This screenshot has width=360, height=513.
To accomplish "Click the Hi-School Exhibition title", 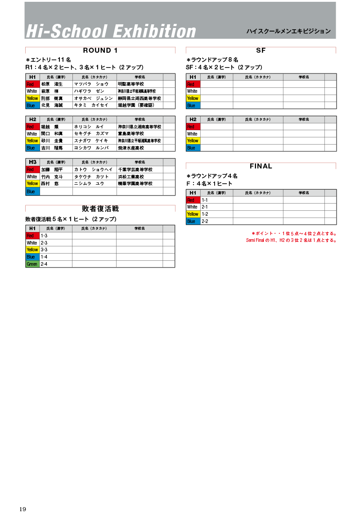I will coord(111,31).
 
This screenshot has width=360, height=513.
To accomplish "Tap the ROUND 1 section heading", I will coord(100,50).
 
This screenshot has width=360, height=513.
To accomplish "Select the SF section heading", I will coord(261,50).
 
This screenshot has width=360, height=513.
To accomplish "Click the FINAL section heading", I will coord(261,166).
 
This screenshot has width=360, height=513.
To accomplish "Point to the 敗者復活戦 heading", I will coord(100,209).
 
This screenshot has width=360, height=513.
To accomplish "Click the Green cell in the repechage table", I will coord(32,264).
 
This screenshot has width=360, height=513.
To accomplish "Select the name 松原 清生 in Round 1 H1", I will coord(52,84).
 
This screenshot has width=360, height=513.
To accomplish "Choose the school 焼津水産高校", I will coord(131,148).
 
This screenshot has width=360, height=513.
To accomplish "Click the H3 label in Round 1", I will coord(32,162).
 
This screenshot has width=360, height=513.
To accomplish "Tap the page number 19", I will coord(23,509).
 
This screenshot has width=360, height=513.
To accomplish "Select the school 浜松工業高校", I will coord(131,177).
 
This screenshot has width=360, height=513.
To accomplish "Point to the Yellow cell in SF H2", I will coord(193,141).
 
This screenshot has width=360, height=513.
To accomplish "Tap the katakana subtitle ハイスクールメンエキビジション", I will coord(288,32).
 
